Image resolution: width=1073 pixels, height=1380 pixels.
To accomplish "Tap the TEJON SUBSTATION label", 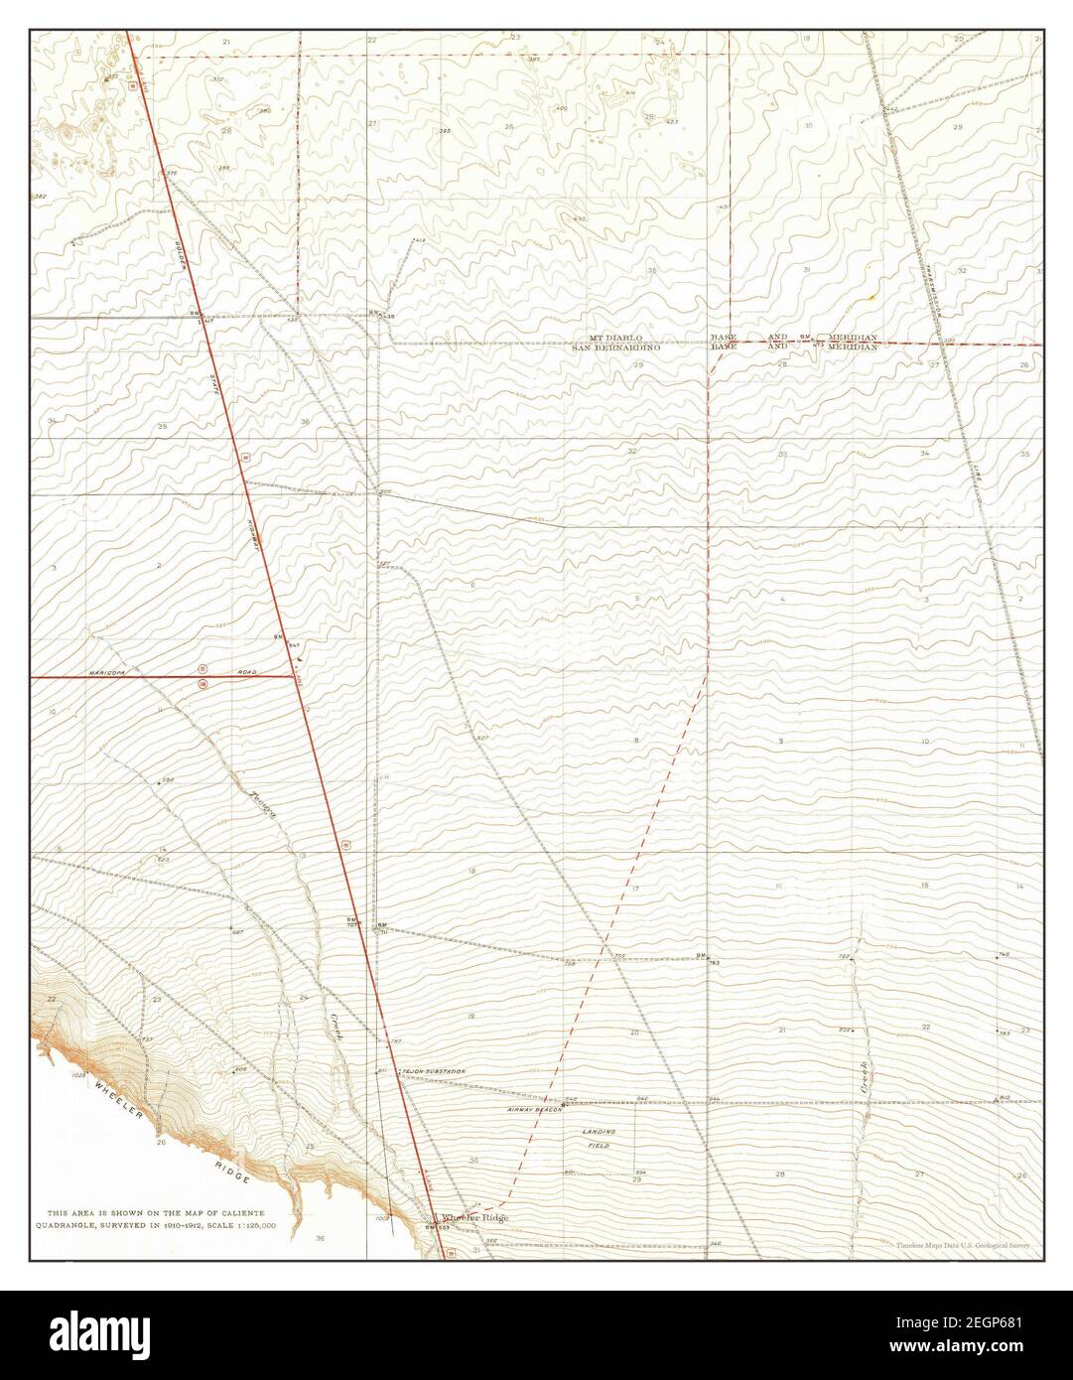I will [x=434, y=1072].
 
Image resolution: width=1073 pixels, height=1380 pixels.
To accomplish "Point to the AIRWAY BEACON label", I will [x=535, y=1108].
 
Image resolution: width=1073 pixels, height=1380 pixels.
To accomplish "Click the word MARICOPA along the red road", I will [x=109, y=672].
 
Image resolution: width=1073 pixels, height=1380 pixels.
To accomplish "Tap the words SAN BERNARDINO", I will [x=608, y=348].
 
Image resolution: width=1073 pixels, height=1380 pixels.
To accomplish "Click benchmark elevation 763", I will [x=714, y=963].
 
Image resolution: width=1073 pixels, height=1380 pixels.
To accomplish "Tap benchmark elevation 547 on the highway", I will [x=294, y=646].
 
